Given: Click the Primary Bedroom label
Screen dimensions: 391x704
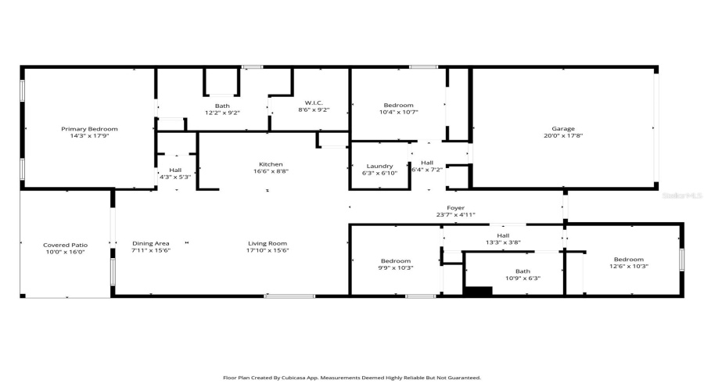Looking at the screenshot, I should coord(90,128).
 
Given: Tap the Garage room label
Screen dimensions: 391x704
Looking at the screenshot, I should coord(563,128).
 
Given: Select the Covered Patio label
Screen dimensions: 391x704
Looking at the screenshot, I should coord(65,245).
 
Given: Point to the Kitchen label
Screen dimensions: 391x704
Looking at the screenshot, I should coord(267,164).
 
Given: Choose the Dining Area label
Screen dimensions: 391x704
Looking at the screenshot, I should coord(150,243).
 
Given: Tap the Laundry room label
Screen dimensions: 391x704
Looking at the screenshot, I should coord(379,166).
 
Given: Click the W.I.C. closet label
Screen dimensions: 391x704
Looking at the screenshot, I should coord(314,103).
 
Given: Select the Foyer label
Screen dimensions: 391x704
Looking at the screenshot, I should coord(456,208).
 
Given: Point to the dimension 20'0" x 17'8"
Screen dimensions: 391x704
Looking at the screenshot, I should coord(563,135).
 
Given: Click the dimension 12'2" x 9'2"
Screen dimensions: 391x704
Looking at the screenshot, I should coord(222,113).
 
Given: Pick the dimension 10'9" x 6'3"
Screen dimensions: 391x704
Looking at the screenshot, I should coord(523,278).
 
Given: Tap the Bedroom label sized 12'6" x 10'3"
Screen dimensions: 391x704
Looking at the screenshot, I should coord(628,260).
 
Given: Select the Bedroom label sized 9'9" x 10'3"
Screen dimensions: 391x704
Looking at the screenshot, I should coord(396,260).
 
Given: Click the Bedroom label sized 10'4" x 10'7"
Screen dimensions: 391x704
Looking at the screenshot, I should coord(398,105).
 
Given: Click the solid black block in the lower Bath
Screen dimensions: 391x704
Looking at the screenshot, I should coord(478,292).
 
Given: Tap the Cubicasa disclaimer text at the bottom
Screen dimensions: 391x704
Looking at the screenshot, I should coord(352,377).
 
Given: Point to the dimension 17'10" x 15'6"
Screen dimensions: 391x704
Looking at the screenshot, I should coord(268,250).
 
